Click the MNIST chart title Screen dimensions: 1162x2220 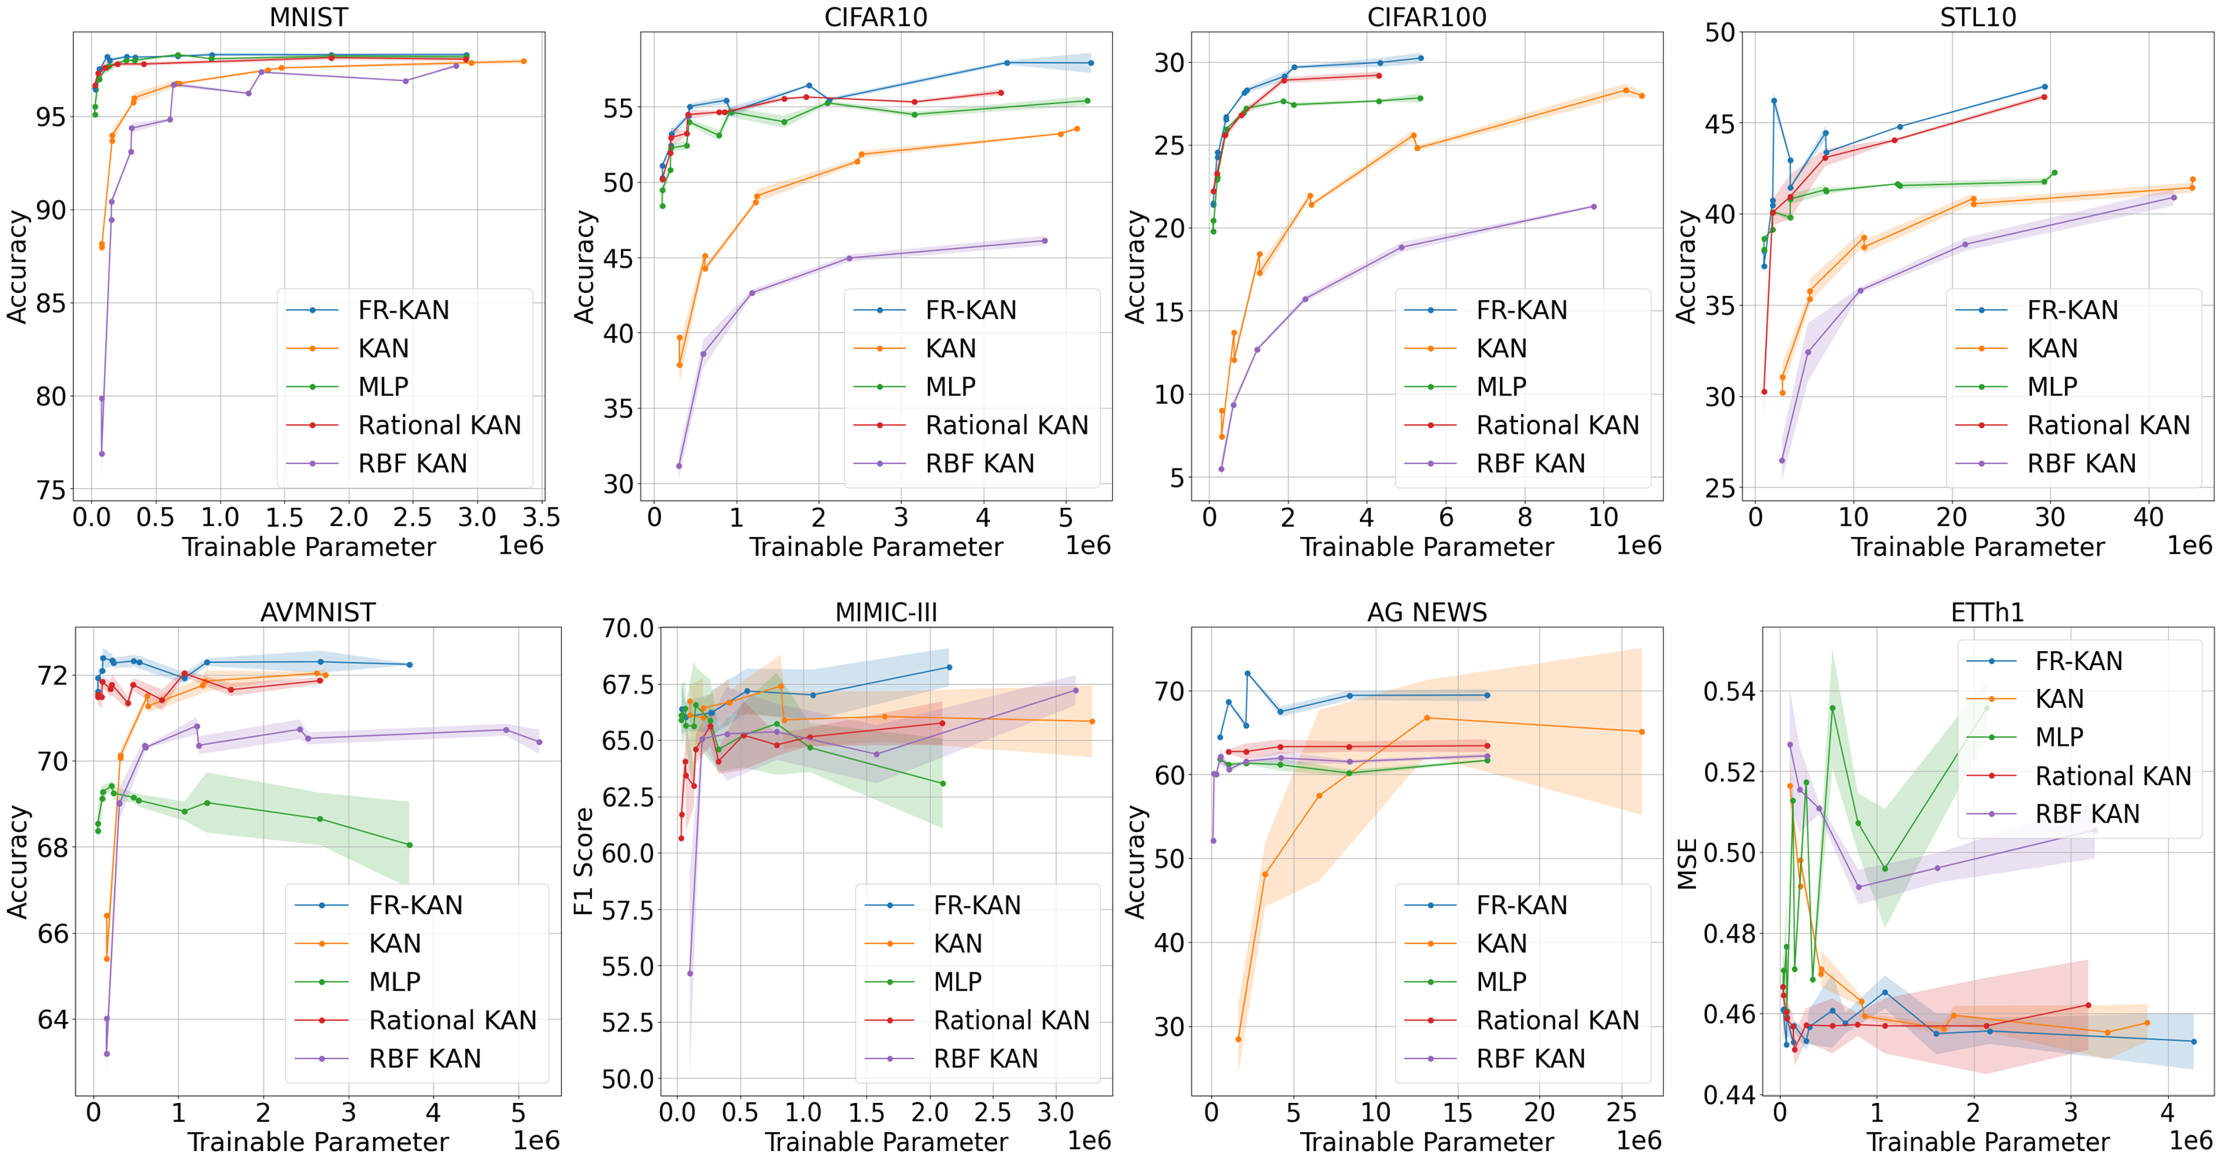[308, 17]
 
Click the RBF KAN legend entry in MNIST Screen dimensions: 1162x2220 [412, 464]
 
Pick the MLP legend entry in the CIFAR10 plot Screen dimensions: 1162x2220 [951, 387]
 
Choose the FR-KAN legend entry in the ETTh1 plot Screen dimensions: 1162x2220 [2078, 661]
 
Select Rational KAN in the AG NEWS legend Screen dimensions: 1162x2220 [1557, 1020]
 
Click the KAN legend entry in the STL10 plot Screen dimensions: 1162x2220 [2052, 348]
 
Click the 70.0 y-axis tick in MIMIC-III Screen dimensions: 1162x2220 [627, 627]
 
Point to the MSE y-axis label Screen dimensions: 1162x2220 [1687, 863]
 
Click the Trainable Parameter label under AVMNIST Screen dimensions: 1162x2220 [318, 1142]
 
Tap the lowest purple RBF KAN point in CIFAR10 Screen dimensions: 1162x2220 [679, 466]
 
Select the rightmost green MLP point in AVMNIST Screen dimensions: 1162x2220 [409, 846]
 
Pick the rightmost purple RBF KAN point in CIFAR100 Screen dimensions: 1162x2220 [1594, 207]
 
